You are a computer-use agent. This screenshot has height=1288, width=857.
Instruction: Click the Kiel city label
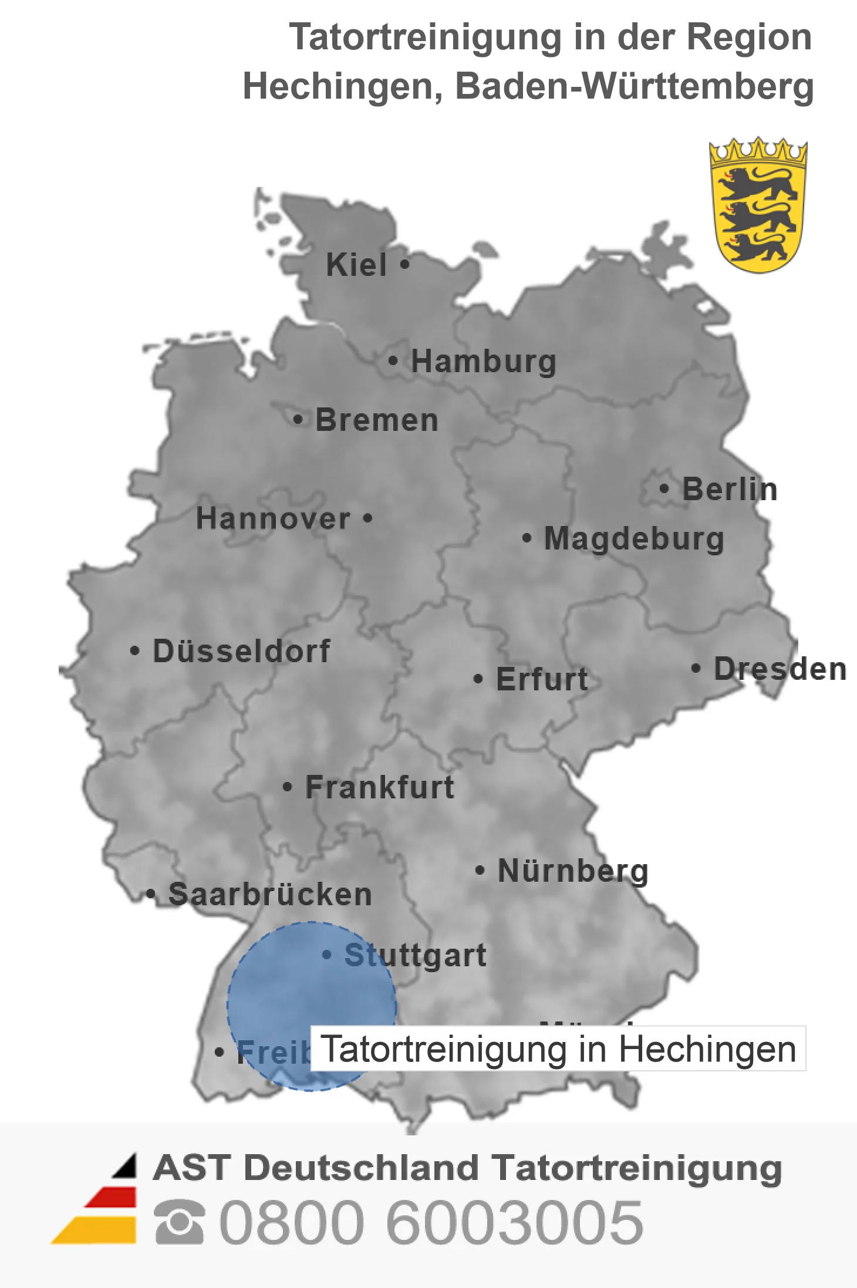[356, 265]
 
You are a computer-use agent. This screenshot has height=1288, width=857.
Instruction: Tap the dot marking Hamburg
[393, 360]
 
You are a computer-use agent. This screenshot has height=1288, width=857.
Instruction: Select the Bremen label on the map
[377, 420]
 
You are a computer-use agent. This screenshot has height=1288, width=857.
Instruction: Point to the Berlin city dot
[664, 488]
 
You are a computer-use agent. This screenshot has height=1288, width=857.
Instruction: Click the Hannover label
[273, 518]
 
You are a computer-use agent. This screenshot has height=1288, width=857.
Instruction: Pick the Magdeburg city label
[634, 538]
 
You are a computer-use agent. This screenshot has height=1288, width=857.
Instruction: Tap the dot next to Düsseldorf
[135, 650]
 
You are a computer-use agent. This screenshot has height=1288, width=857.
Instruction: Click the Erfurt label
[542, 679]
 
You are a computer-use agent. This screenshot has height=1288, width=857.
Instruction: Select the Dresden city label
[780, 669]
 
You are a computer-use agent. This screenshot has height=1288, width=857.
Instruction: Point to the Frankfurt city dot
[287, 787]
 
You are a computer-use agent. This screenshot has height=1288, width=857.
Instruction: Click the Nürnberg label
[573, 871]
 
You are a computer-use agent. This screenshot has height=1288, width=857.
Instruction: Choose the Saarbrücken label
[270, 894]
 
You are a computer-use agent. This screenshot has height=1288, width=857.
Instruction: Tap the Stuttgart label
[415, 955]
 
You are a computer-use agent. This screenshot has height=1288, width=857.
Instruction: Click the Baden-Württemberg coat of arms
[758, 205]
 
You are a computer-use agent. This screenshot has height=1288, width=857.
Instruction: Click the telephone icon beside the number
[180, 1222]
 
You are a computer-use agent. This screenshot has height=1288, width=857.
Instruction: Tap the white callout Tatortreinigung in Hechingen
[558, 1049]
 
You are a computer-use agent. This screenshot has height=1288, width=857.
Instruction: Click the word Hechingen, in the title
[343, 86]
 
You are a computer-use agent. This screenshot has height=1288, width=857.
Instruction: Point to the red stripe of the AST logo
[112, 1196]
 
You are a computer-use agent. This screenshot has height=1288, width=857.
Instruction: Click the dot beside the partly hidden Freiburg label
[219, 1052]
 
